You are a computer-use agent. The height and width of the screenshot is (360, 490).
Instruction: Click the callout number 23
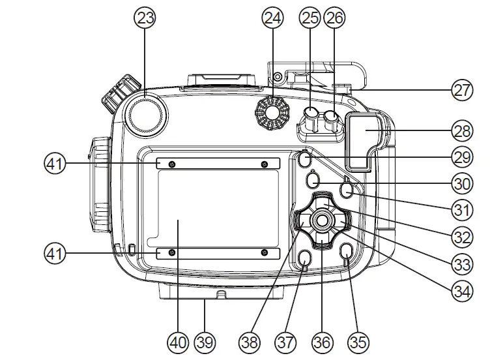tap(147, 18)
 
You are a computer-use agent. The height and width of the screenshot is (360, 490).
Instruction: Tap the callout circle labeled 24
tap(273, 18)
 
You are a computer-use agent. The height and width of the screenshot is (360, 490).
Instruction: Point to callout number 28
tap(461, 130)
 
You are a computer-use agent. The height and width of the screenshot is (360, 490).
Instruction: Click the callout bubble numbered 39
tap(205, 341)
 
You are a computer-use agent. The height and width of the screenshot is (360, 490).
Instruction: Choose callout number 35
tap(358, 341)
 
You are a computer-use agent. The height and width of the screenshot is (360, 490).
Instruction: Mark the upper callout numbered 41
tap(55, 163)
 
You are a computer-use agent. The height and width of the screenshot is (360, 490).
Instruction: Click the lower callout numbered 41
tap(55, 253)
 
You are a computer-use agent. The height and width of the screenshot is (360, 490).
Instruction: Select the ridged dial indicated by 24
tap(272, 112)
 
